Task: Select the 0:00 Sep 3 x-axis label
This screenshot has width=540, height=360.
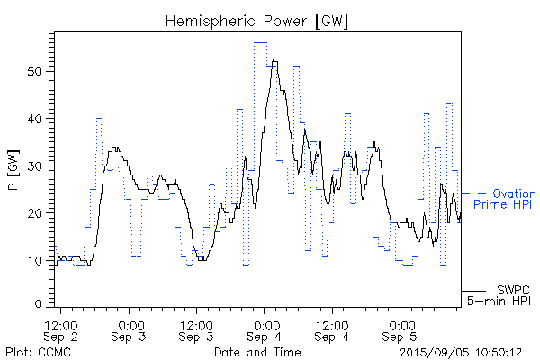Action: [x=130, y=329]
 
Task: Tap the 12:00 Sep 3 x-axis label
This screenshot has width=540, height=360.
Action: [x=196, y=329]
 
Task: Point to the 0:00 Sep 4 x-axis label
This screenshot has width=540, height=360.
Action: [x=265, y=329]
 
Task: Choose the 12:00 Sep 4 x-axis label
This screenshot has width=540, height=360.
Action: [x=332, y=329]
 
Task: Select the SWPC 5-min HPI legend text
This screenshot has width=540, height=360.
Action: [x=500, y=295]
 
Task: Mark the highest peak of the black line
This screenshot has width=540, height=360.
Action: [x=274, y=58]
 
